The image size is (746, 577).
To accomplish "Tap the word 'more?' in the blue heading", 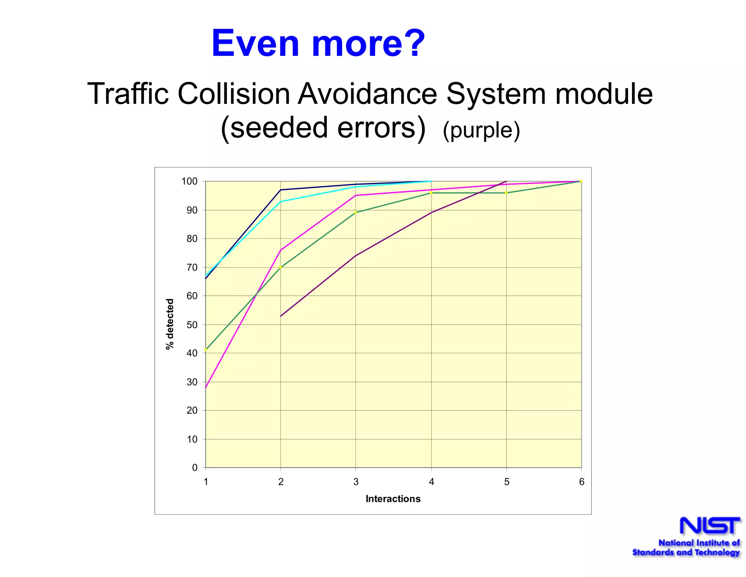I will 368,43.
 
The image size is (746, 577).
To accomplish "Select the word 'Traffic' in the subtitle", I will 128,94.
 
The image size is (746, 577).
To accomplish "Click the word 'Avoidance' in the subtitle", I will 368,94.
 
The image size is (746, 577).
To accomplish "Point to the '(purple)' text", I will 481,130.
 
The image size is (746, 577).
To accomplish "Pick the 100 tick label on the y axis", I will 189,181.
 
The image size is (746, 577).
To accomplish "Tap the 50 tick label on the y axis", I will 192,325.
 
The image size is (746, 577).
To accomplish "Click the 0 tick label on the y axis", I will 195,468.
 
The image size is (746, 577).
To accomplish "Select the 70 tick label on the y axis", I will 192,267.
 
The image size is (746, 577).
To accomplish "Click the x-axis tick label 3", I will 356,482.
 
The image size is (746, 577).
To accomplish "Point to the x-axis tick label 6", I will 581,482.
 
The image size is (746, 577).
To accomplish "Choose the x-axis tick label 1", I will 206,482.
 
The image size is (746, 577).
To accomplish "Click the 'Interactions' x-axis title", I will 393,499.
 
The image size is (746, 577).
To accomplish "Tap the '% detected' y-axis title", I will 170,324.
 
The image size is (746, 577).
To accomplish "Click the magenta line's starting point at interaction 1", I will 206,387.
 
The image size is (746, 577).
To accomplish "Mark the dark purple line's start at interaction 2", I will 281,316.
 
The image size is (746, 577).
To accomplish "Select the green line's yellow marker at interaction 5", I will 506,193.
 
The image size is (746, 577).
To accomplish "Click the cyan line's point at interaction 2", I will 281,201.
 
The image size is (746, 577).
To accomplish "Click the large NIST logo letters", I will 710,526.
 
